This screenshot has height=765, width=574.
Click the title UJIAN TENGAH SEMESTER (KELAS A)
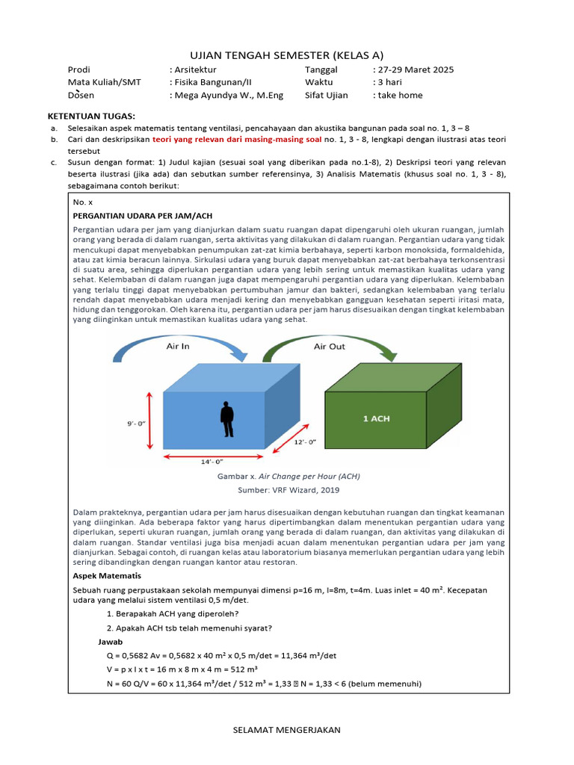287,55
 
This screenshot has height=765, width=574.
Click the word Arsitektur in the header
196,69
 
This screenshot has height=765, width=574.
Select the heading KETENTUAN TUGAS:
92,117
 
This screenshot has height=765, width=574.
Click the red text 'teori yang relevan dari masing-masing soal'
237,139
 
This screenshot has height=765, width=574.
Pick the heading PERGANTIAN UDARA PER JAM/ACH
132,214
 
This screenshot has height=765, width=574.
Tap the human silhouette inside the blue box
227,419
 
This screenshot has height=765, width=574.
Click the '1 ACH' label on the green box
376,418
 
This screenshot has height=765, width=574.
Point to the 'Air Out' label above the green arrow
330,346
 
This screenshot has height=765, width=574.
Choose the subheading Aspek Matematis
107,575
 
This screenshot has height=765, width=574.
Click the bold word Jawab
111,642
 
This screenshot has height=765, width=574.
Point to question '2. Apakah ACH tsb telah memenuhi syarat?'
189,628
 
